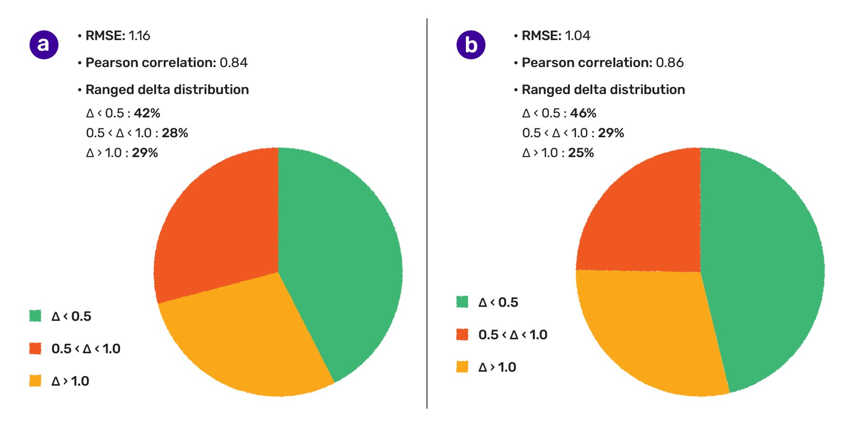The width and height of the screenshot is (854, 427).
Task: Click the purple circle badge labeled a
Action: pos(44,45)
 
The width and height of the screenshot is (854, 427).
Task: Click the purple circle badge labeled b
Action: pos(471,45)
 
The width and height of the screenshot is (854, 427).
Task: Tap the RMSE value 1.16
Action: pos(139,36)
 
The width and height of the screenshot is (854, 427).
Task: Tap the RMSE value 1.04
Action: pos(577,36)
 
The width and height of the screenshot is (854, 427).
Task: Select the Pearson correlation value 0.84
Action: pos(233,63)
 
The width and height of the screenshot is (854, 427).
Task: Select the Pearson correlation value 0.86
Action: pos(669,63)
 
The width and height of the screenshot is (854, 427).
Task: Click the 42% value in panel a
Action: pos(147,113)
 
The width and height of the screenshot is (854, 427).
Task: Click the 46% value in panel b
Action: pos(583,113)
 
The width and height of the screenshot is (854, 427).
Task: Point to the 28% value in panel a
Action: pos(175,133)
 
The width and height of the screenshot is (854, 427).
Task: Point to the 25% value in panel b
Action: pos(581,153)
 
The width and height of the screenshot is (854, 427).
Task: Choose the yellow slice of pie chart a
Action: pos(247,342)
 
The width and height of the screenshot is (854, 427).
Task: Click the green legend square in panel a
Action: pos(35,316)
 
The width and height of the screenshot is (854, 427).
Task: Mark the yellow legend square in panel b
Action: pos(462,367)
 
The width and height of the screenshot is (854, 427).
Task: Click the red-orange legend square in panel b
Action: pos(462,334)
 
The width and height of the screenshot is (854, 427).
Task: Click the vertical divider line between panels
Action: pos(427,214)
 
